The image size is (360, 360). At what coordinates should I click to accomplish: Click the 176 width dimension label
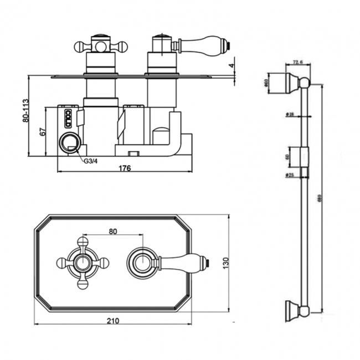[x=125, y=168]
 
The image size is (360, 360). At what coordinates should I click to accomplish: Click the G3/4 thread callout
[x=91, y=161]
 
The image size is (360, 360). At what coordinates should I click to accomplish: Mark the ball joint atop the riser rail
[x=304, y=84]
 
